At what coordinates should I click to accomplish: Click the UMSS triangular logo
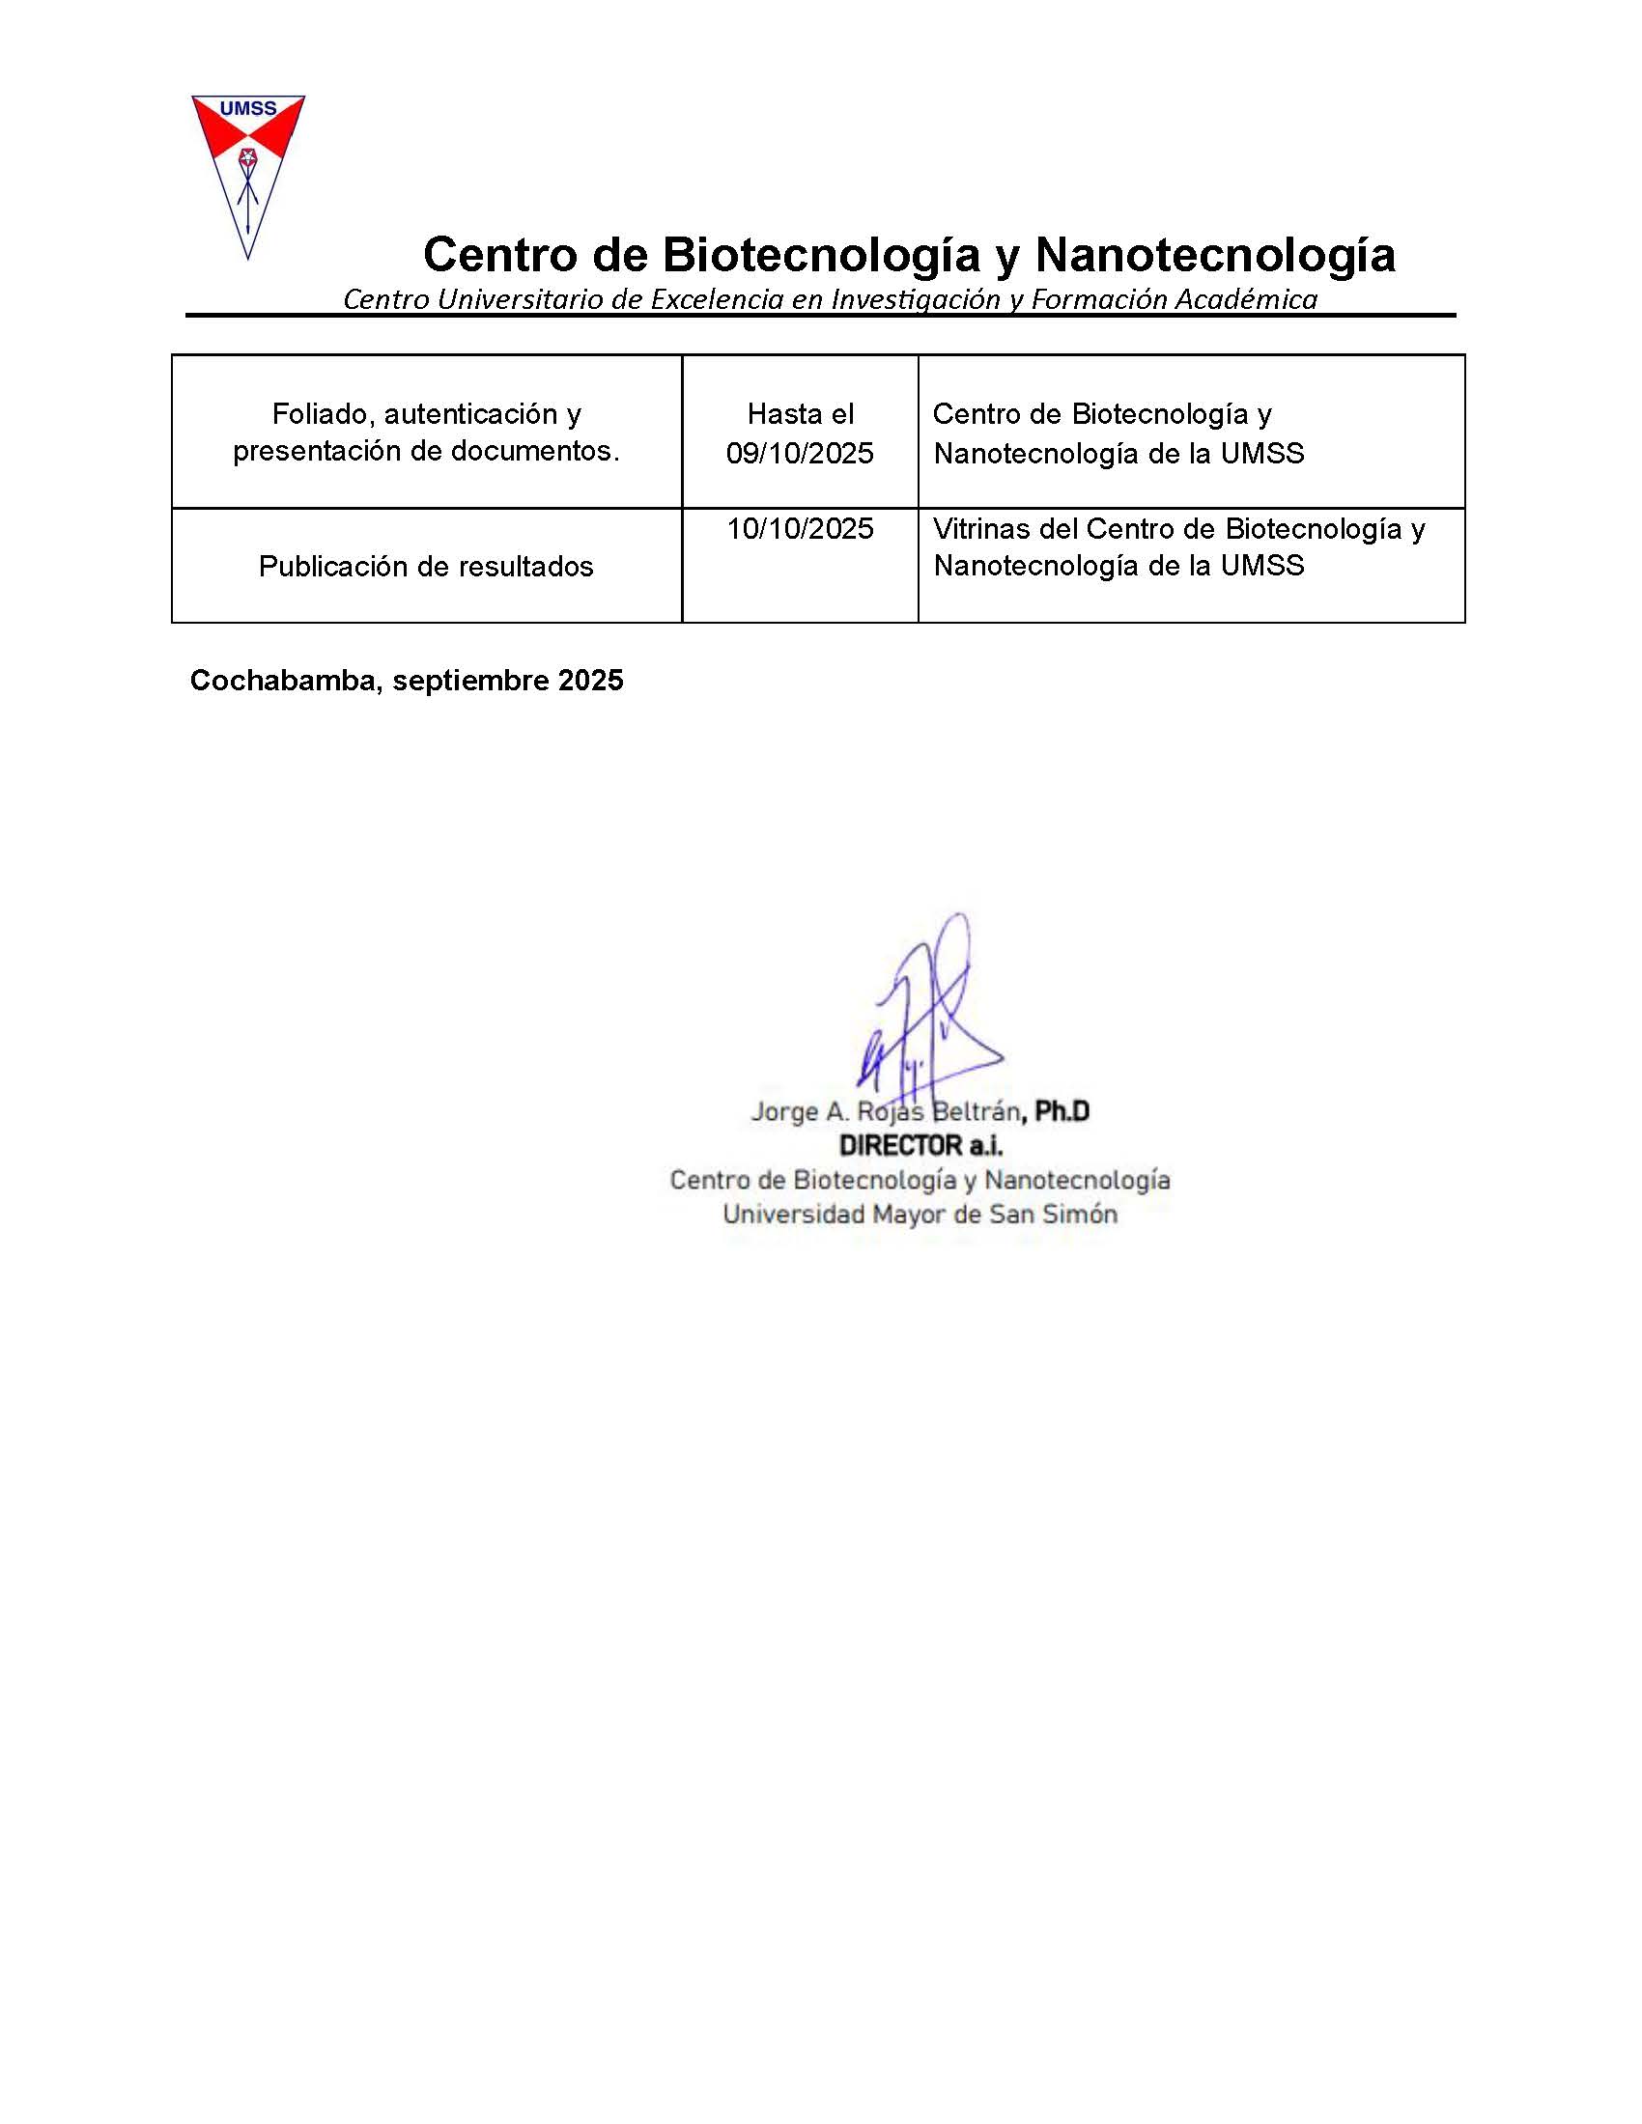click(248, 170)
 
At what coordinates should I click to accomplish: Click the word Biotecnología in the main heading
click(821, 256)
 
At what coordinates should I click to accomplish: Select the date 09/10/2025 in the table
click(800, 453)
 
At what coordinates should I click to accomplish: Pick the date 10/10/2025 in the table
click(800, 529)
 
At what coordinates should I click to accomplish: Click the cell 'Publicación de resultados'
click(426, 566)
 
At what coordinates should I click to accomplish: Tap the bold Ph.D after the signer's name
click(1062, 1110)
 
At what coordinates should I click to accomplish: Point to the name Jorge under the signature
click(783, 1110)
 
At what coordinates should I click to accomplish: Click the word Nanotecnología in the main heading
click(1215, 256)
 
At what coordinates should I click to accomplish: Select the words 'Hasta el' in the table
click(800, 414)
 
